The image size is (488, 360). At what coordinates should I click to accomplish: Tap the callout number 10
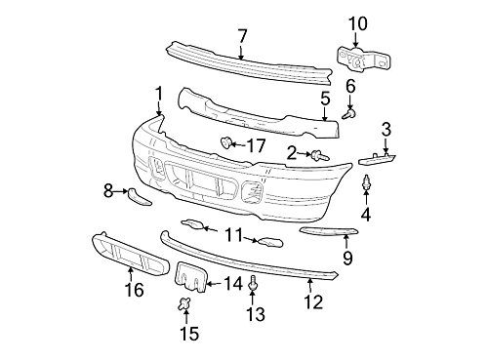pos(357,21)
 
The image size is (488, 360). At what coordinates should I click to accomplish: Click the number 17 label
pos(256,145)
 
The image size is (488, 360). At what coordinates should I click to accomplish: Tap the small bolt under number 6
pos(349,114)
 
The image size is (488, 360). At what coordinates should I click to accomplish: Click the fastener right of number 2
pos(319,154)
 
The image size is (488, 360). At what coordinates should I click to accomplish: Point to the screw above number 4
pos(366,182)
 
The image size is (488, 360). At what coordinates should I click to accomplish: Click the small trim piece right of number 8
pos(139,197)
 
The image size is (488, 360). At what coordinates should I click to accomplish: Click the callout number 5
pos(325,99)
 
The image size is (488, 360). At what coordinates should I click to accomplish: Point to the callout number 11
pos(232,234)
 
